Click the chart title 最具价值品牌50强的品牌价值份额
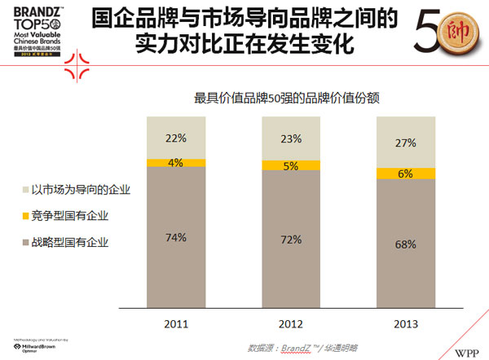coord(289,98)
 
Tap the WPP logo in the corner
coord(467,349)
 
